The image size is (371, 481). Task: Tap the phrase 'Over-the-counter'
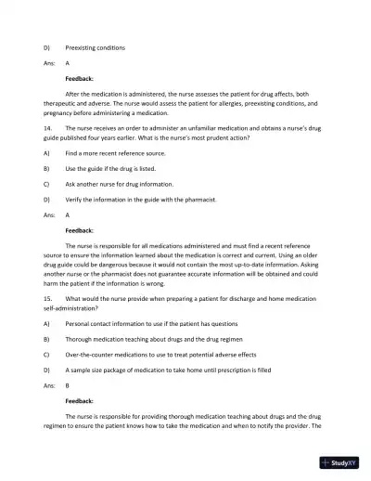92,366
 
